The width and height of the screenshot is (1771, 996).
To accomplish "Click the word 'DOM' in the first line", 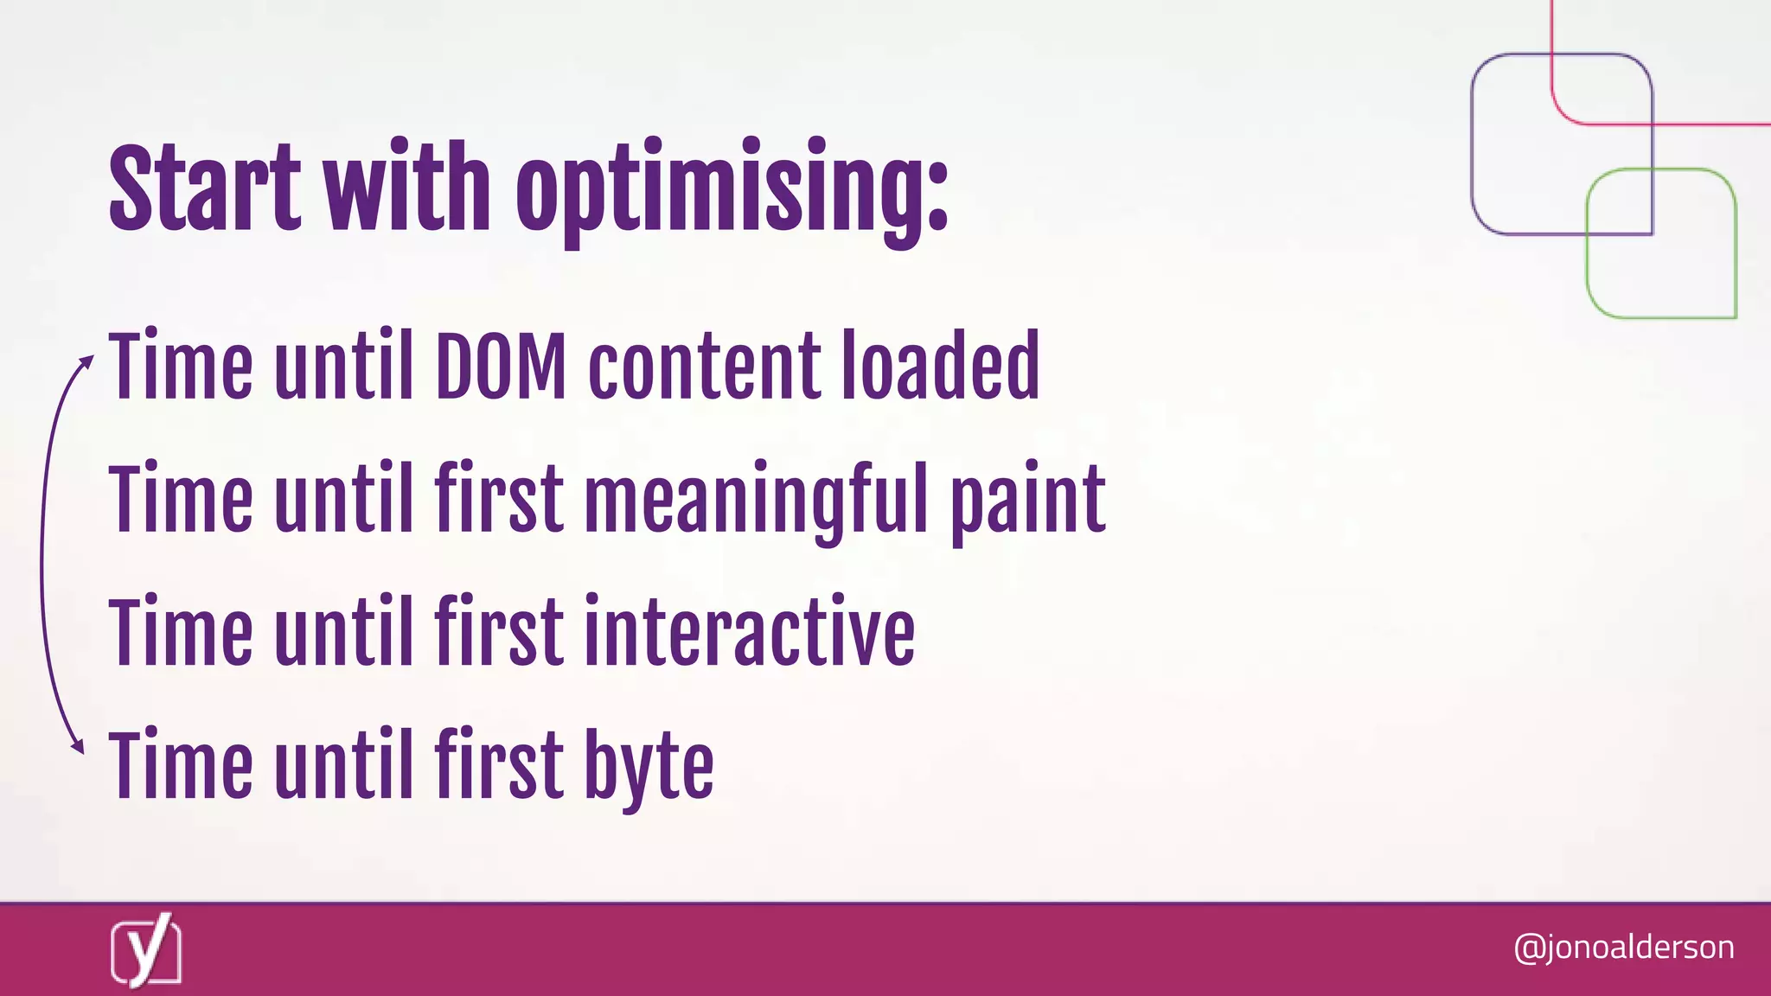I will (501, 367).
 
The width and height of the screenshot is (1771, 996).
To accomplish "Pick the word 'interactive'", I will (749, 633).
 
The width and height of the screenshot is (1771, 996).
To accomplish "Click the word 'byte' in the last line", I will (649, 768).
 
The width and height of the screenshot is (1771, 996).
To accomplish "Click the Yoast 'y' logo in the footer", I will (146, 950).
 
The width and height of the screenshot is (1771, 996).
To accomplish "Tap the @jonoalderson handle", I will (1623, 948).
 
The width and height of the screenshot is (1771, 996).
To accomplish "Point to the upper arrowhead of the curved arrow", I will (86, 361).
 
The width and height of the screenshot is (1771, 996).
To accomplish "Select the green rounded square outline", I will (1661, 244).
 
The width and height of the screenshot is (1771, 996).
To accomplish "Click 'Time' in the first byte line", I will (181, 766).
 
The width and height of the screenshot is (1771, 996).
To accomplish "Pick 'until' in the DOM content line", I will (343, 367).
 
